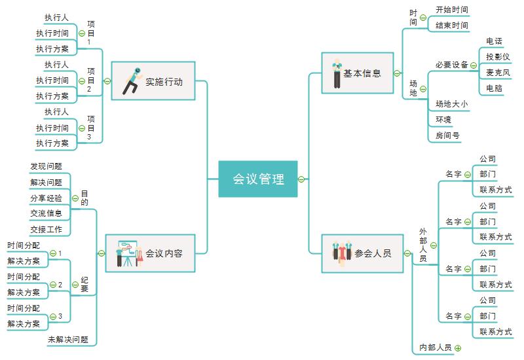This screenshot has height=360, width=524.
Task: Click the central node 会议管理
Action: click(258, 179)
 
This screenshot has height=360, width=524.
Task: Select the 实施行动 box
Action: click(153, 81)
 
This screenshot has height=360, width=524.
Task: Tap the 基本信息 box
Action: click(358, 73)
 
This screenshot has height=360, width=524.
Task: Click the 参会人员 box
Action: click(362, 253)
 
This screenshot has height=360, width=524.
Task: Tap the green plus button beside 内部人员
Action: click(458, 348)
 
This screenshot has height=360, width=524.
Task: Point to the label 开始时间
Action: click(452, 10)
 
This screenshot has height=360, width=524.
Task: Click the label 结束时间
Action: click(452, 26)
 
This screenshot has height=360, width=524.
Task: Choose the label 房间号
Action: click(448, 135)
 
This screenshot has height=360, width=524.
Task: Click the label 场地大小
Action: click(452, 103)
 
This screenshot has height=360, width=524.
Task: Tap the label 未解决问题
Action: click(67, 340)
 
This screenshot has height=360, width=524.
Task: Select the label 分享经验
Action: click(46, 198)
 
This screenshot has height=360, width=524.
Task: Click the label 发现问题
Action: click(46, 167)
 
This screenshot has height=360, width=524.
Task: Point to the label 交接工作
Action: click(46, 230)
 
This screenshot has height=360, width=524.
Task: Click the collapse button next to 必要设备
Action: click(474, 65)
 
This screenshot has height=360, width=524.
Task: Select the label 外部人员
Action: click(423, 245)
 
